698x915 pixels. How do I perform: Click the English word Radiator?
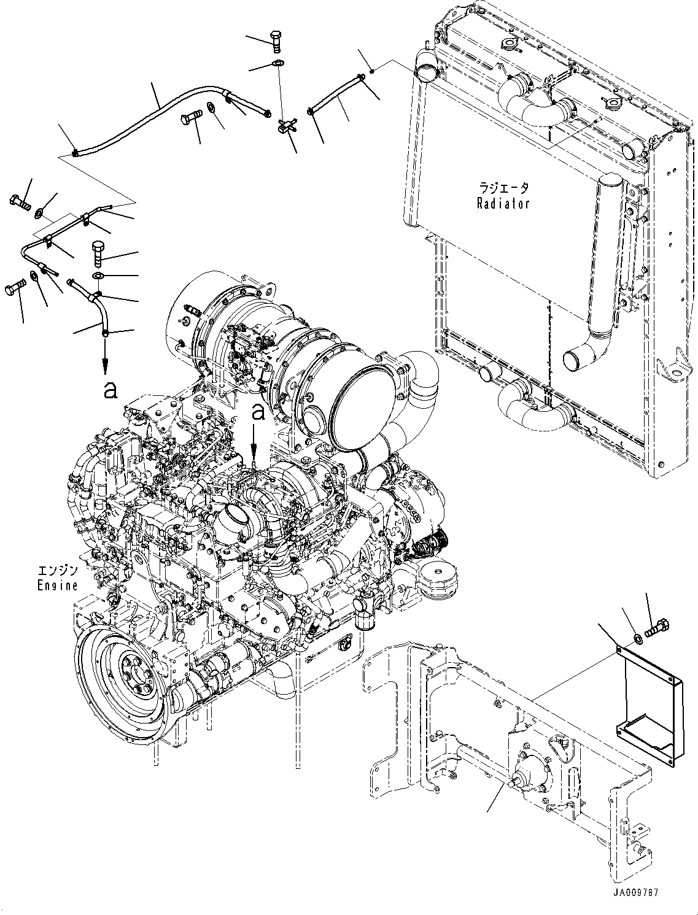[503, 203]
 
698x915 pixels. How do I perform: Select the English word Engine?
[57, 585]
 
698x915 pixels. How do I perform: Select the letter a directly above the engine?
[259, 412]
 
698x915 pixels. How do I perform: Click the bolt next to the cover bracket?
[658, 628]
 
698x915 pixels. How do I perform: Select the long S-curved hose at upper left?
[153, 120]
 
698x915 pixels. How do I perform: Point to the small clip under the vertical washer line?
[285, 126]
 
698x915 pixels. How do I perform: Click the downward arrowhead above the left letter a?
[106, 368]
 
